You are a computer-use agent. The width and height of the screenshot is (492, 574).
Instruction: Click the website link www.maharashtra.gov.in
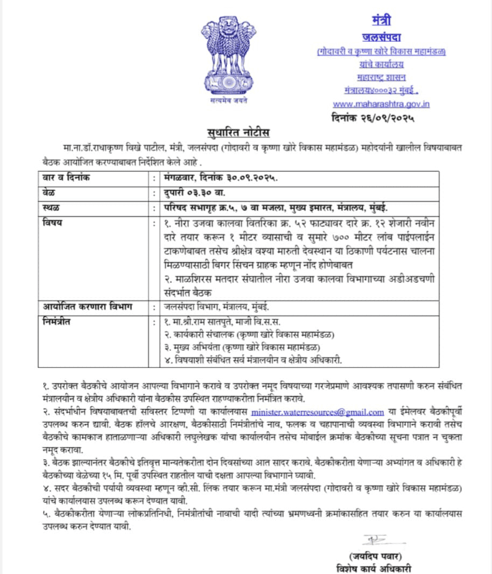click(382, 103)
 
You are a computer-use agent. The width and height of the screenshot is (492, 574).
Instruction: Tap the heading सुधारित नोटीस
click(246, 132)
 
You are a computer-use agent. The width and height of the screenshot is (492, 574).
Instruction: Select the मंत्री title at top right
click(381, 20)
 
